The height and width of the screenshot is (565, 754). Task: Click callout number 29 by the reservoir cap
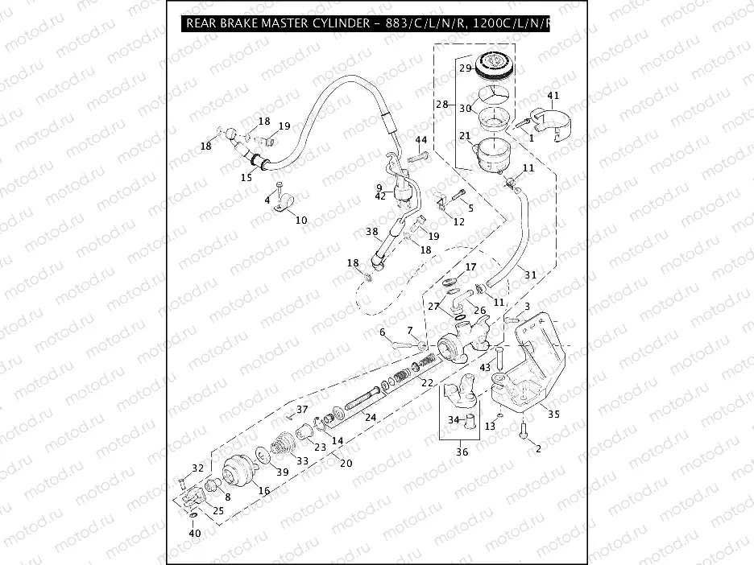(466, 68)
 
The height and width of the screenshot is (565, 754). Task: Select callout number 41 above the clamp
(553, 95)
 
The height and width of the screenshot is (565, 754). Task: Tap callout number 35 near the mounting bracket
(553, 414)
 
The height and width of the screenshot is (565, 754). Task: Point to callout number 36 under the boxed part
(461, 452)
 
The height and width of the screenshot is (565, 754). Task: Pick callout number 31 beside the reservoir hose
(529, 274)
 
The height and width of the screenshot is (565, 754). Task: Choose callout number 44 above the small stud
(421, 140)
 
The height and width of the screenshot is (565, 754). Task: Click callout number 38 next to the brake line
(371, 231)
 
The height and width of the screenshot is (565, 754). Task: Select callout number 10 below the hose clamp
(301, 219)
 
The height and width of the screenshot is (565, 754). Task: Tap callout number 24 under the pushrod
(369, 417)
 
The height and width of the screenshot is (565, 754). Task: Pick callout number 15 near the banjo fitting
(246, 175)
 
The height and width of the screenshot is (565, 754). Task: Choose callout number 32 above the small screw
(197, 468)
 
